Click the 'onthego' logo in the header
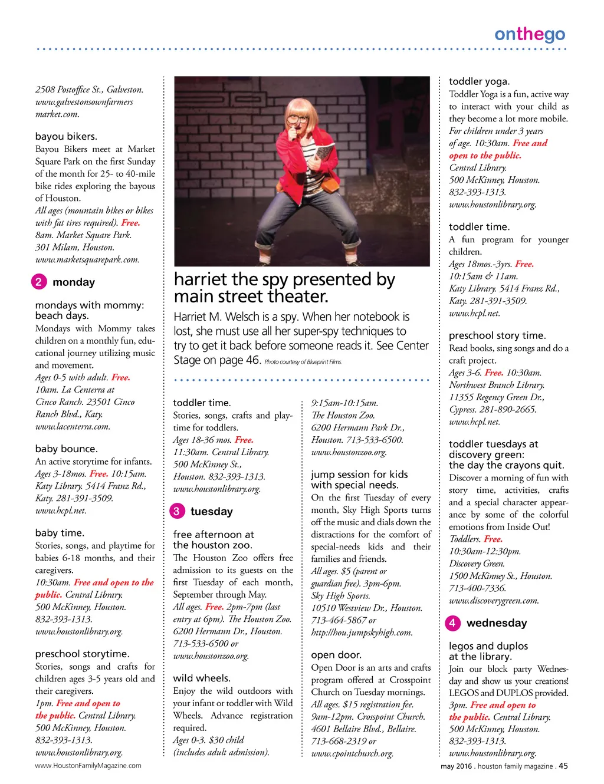529,35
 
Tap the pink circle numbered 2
38,282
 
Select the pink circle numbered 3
176,511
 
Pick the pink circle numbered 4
452,623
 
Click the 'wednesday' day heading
497,623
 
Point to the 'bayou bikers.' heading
66,136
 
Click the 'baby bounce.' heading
66,449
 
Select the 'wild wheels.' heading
202,678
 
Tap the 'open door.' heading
336,655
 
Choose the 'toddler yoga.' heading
479,81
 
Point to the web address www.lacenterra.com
73,427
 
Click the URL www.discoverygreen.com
494,601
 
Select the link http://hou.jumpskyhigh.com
362,633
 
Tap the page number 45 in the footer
563,766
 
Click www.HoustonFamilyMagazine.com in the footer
88,766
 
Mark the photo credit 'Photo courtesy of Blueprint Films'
303,362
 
